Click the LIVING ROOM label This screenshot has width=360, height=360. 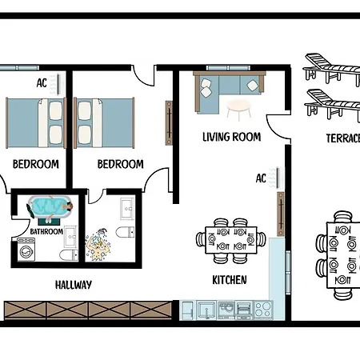[232, 137]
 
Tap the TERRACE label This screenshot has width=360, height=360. [342, 138]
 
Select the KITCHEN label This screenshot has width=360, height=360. [229, 280]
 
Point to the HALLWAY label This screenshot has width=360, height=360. [74, 284]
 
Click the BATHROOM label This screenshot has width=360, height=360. [46, 232]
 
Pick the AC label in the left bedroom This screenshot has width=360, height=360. [42, 82]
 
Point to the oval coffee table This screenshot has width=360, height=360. [239, 106]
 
